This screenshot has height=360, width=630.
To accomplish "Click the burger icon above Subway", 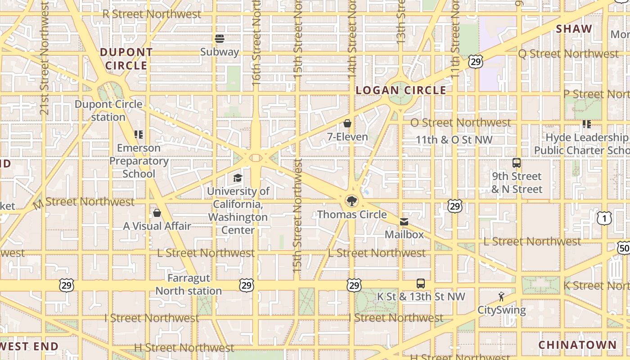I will (220, 39).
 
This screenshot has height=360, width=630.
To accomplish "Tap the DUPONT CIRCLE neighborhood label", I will (126, 59).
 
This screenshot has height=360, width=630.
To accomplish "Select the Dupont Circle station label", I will (108, 111).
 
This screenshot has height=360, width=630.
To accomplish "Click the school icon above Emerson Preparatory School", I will (139, 134).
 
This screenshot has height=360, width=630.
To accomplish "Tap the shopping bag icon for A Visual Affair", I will (157, 213).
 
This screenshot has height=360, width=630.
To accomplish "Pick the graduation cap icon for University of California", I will (238, 178).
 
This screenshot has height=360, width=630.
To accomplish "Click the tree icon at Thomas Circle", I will (351, 201).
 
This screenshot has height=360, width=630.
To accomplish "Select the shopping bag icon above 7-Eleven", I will (347, 123).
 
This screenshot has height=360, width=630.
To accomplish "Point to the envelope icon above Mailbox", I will (404, 221).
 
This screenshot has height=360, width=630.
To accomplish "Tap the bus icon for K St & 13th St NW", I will (421, 283).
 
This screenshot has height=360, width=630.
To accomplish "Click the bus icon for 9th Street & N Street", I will (517, 163).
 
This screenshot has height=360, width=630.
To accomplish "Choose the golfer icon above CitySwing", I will (501, 297).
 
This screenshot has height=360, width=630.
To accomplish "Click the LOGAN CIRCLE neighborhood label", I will (401, 90).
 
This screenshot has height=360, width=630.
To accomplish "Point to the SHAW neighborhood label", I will (574, 29).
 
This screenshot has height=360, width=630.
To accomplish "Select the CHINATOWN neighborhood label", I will (578, 345).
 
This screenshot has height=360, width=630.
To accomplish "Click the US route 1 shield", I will (604, 219).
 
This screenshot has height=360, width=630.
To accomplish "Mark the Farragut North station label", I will (189, 284).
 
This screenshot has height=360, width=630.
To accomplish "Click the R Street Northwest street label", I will (152, 14).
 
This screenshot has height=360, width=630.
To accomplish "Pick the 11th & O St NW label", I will (454, 139).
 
